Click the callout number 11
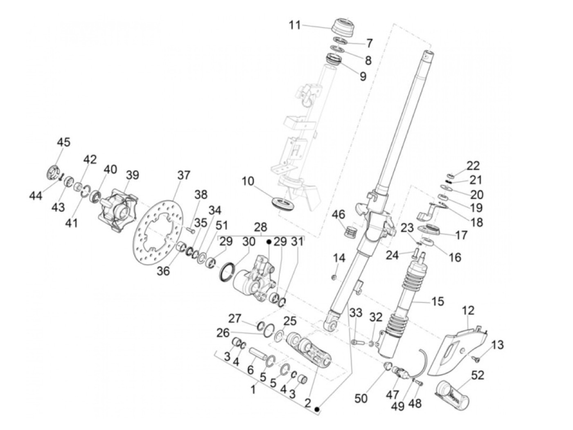294,25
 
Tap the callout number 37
184,175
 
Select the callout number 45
63,142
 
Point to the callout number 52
478,375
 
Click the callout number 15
438,302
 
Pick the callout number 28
260,227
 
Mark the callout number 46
338,215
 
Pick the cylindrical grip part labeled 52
450,394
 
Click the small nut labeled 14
334,278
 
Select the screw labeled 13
477,359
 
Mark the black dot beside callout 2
317,409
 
